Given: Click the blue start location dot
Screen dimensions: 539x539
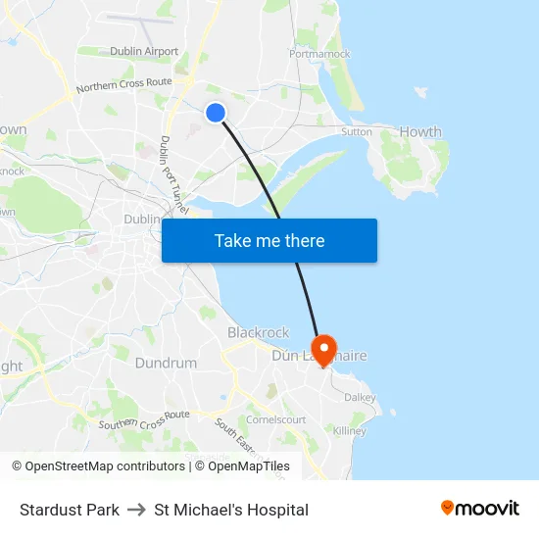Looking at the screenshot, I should pyautogui.click(x=216, y=113).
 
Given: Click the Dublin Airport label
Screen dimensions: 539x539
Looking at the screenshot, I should pyautogui.click(x=144, y=51).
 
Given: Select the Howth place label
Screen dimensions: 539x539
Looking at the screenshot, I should pyautogui.click(x=421, y=131).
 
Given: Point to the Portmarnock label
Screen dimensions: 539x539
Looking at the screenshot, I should pyautogui.click(x=319, y=54).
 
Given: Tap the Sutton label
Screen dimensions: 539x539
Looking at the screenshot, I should pyautogui.click(x=356, y=131).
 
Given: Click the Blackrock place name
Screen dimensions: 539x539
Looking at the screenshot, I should pyautogui.click(x=258, y=332).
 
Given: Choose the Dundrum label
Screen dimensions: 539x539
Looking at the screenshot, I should pyautogui.click(x=166, y=363).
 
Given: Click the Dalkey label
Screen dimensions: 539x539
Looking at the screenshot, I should pyautogui.click(x=360, y=397).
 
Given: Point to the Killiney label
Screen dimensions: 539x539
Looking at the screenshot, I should pyautogui.click(x=349, y=431).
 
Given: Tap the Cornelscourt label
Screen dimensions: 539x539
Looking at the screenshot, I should pyautogui.click(x=275, y=419).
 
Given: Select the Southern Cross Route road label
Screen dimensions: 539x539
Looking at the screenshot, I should pyautogui.click(x=144, y=420).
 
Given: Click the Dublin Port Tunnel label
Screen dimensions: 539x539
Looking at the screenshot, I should pyautogui.click(x=172, y=176).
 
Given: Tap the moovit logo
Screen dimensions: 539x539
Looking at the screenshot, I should pyautogui.click(x=479, y=509).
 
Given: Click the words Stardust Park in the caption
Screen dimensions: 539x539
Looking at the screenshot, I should pyautogui.click(x=70, y=510).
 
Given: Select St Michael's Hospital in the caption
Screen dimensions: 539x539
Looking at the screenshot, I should pyautogui.click(x=231, y=510).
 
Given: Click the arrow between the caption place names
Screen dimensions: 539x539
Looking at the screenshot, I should pyautogui.click(x=136, y=510).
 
